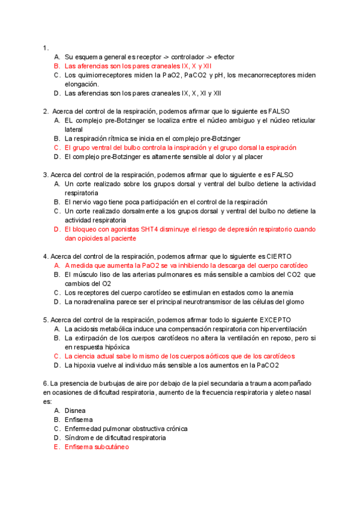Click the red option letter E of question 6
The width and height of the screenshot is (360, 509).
pos(56,447)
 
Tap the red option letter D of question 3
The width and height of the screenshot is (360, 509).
pos(56,229)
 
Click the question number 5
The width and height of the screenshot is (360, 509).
pos(46,320)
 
